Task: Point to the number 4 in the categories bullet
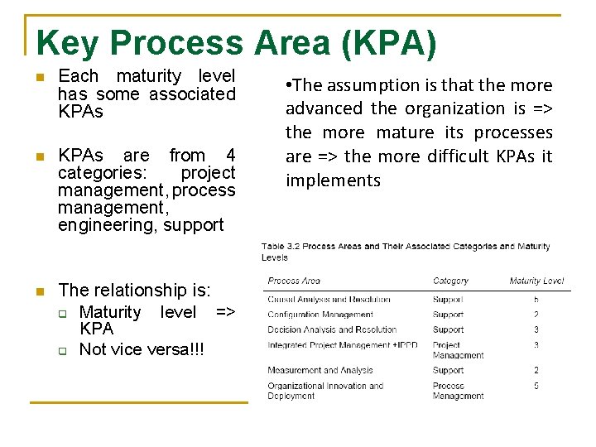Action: [230, 156]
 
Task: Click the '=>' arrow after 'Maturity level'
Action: [225, 312]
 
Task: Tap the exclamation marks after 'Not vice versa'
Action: [196, 349]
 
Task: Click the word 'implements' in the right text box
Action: [333, 180]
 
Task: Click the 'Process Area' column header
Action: [294, 281]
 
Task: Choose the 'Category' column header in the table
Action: [450, 281]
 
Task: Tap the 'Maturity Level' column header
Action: [536, 281]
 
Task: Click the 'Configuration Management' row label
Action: [320, 315]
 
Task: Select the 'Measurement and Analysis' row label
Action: [320, 370]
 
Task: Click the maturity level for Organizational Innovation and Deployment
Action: [536, 386]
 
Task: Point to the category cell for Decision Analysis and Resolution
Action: [448, 329]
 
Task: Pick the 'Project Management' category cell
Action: [457, 349]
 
